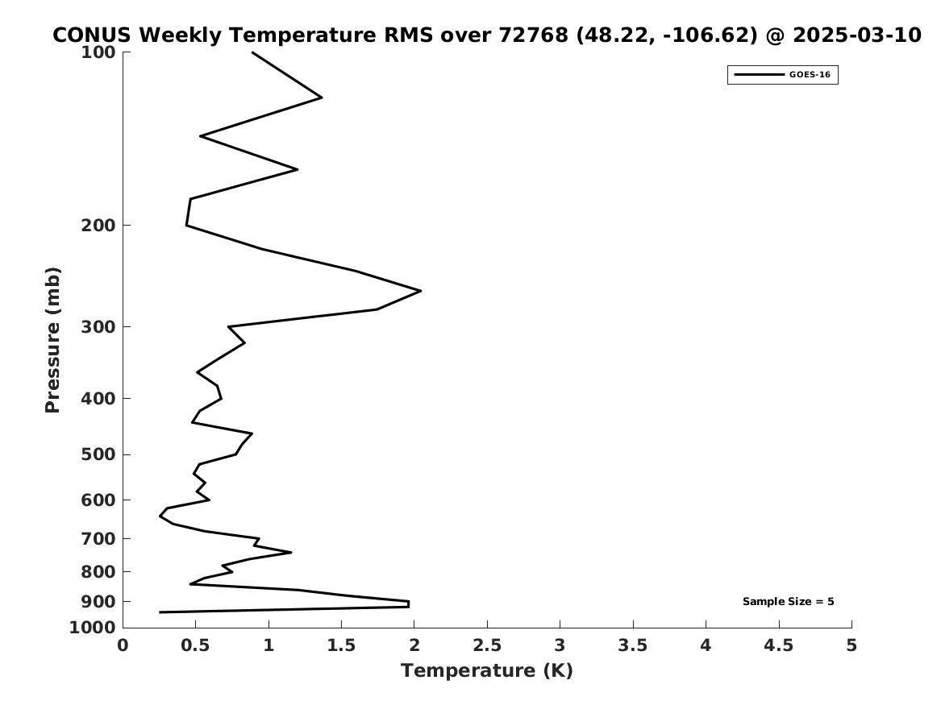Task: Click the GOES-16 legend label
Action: click(810, 75)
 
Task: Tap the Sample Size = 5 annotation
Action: click(788, 601)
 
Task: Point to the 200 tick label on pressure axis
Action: click(98, 226)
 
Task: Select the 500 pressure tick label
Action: click(98, 454)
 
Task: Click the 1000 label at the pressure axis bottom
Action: click(93, 628)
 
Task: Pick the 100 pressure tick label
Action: click(98, 52)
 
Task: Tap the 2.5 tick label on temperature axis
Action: click(487, 645)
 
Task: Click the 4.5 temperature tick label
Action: click(779, 645)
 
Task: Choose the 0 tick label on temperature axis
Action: click(123, 645)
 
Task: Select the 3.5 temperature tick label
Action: click(633, 645)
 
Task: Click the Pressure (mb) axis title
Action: click(52, 340)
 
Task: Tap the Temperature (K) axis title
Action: click(487, 670)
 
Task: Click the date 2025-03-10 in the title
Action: click(857, 35)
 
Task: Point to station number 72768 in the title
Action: click(534, 35)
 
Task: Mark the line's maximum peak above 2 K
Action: click(421, 291)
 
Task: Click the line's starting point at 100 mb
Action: click(252, 52)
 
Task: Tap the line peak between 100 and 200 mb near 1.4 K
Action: click(322, 97)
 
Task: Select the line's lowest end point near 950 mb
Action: click(160, 612)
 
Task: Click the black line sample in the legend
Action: click(759, 75)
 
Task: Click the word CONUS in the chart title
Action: click(91, 35)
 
